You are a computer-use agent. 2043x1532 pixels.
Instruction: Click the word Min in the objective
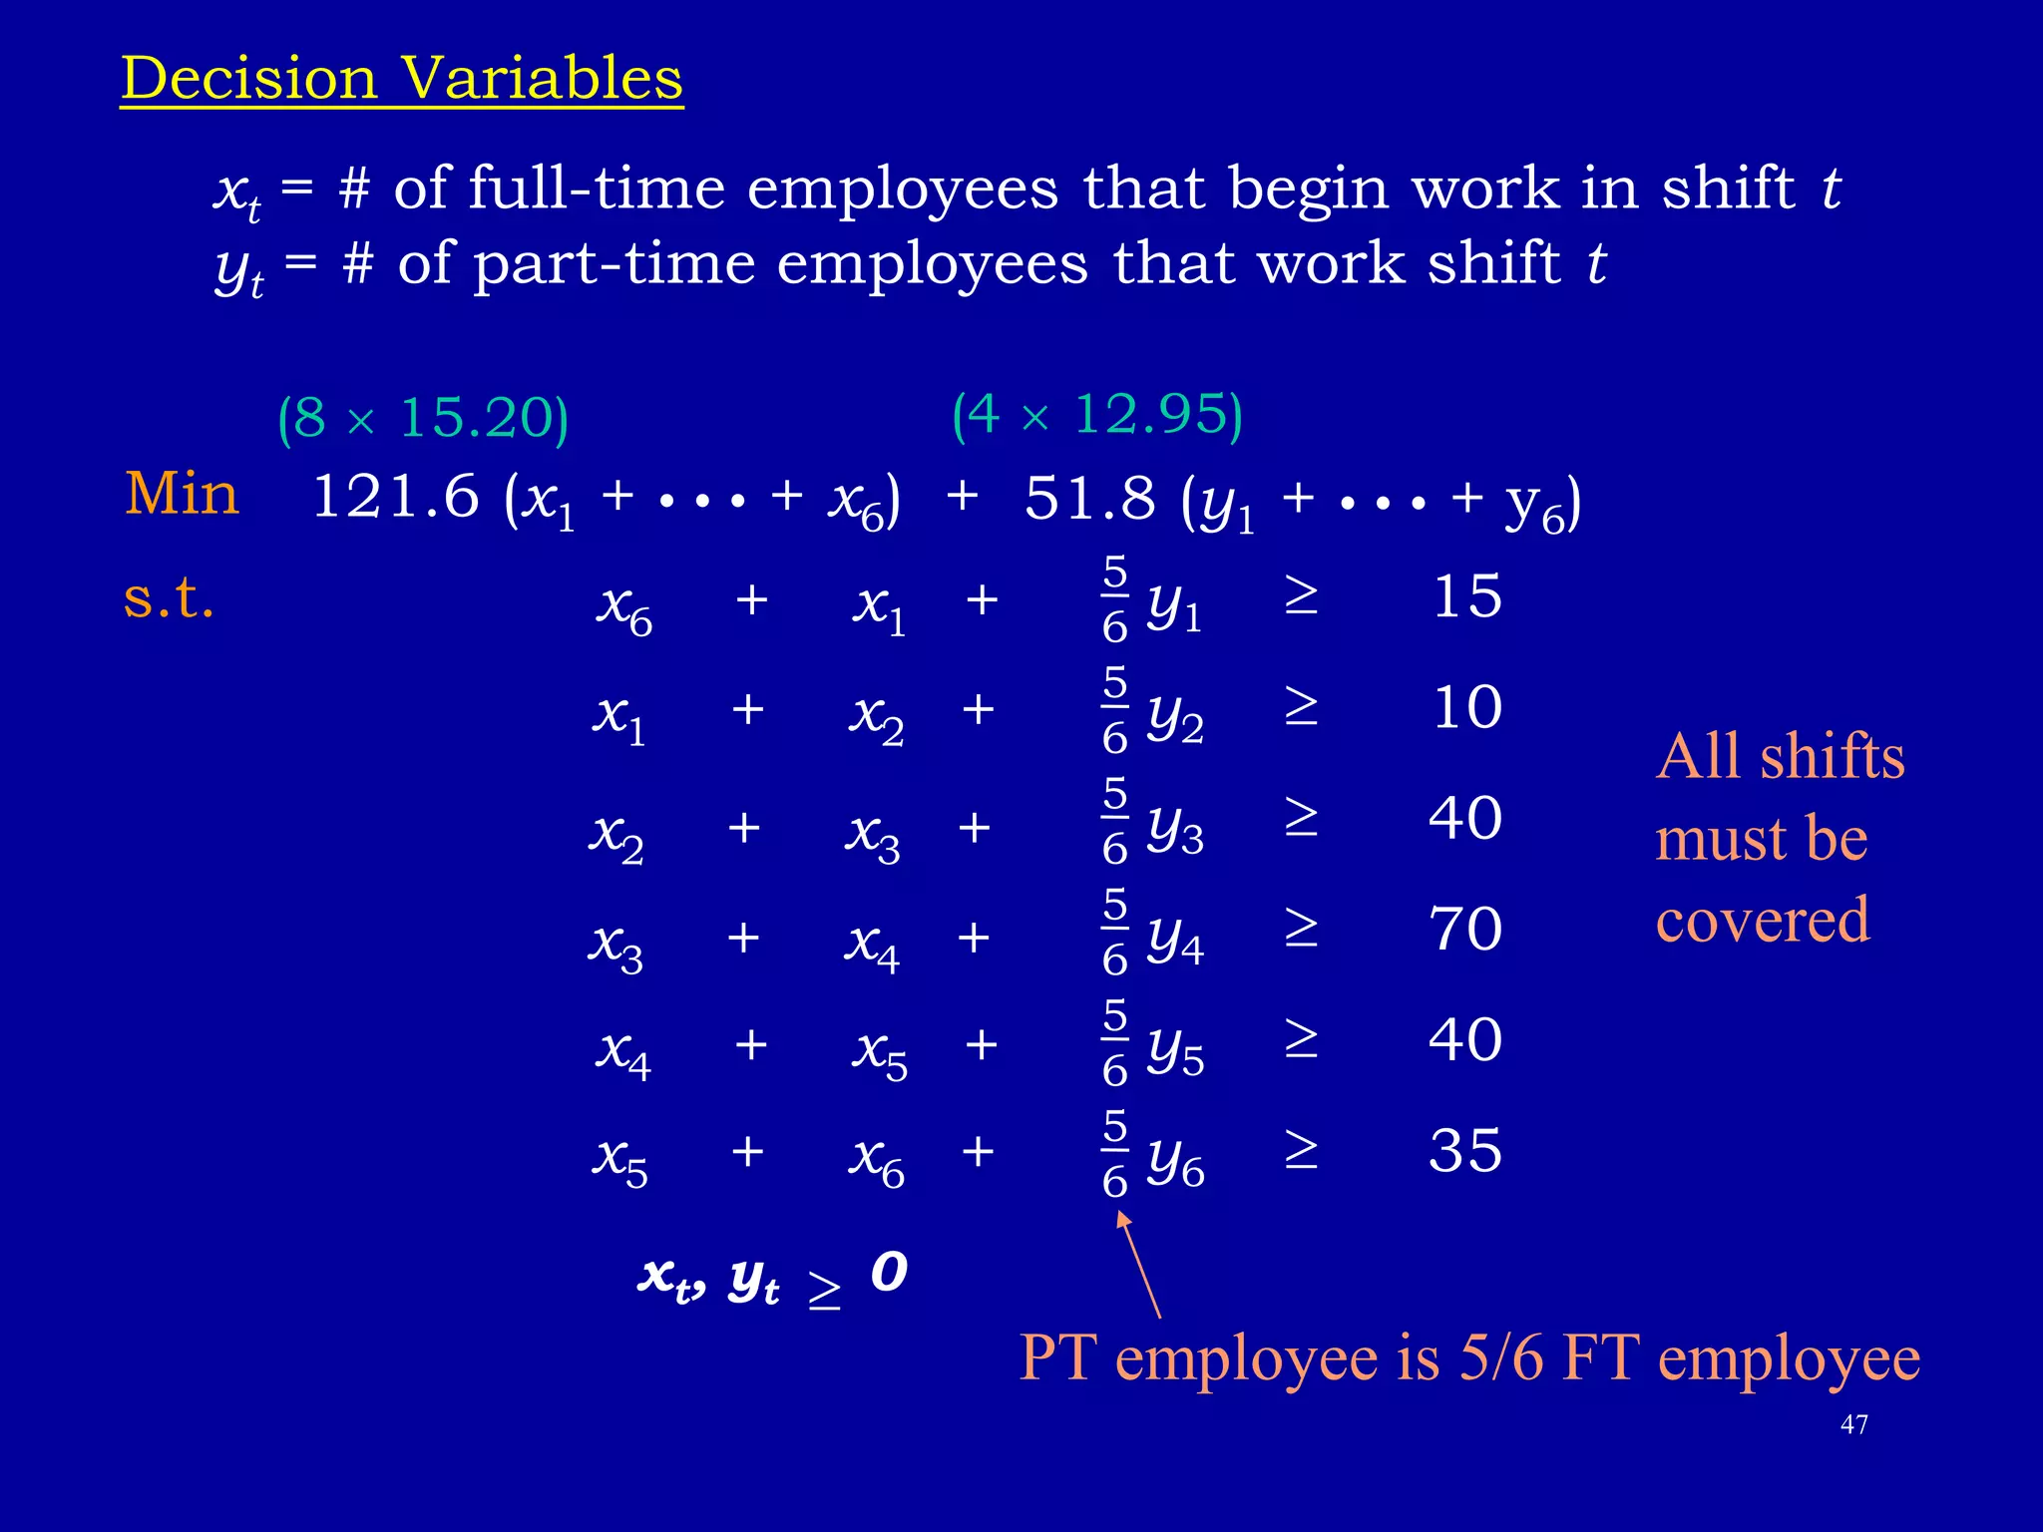(182, 494)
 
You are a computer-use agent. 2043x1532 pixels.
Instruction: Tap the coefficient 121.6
(395, 497)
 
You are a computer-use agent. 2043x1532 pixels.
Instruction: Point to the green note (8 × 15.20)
(423, 418)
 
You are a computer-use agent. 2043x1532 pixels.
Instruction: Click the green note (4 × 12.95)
(1097, 414)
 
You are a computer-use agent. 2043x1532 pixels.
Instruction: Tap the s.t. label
(169, 598)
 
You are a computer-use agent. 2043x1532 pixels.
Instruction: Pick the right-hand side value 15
(1466, 597)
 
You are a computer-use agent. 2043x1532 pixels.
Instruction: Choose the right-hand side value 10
(1466, 708)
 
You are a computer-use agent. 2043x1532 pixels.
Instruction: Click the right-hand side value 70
(1465, 930)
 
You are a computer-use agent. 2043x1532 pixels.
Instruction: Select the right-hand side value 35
(1465, 1151)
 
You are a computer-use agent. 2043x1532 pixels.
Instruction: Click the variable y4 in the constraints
(1175, 939)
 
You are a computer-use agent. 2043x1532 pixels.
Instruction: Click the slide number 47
(1853, 1424)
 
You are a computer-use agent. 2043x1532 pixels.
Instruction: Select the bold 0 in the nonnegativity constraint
(889, 1272)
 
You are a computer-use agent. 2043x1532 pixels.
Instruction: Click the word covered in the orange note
(1762, 920)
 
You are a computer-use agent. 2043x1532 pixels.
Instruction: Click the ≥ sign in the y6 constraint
(1300, 1151)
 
